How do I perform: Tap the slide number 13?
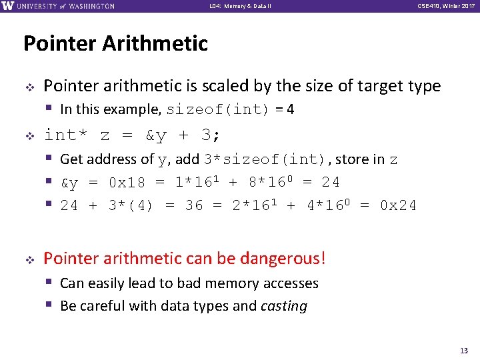(465, 351)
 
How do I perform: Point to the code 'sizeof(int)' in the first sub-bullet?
(217, 109)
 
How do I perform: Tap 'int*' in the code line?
(65, 135)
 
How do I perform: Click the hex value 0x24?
(398, 205)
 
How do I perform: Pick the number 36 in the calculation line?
(194, 205)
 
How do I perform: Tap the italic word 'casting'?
(284, 306)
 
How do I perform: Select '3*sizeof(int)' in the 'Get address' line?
(264, 159)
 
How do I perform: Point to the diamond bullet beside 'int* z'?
(29, 136)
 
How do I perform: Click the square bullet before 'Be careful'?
(49, 305)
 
